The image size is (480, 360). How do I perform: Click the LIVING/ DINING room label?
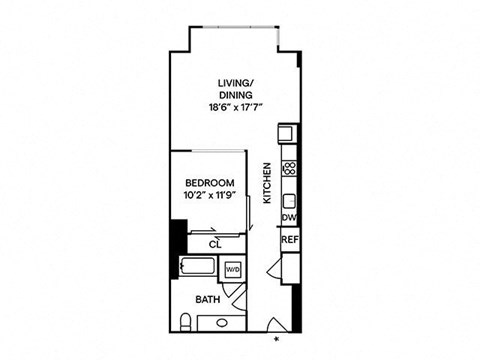point(235,88)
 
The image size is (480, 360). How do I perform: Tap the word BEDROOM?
point(210,182)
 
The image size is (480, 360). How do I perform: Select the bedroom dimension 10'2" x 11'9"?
point(210,195)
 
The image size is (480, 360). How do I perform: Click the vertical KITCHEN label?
point(267,184)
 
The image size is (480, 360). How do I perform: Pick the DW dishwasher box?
point(289,216)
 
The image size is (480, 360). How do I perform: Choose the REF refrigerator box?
point(289,240)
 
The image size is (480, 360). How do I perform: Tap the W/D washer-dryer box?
point(232,269)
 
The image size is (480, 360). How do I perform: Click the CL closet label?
point(214,243)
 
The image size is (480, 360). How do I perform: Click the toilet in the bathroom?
point(186,319)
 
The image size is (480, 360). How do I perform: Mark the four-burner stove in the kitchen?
point(289,169)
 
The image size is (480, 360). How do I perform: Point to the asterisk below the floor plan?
point(277,341)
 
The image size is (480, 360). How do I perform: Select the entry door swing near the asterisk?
point(275,322)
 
